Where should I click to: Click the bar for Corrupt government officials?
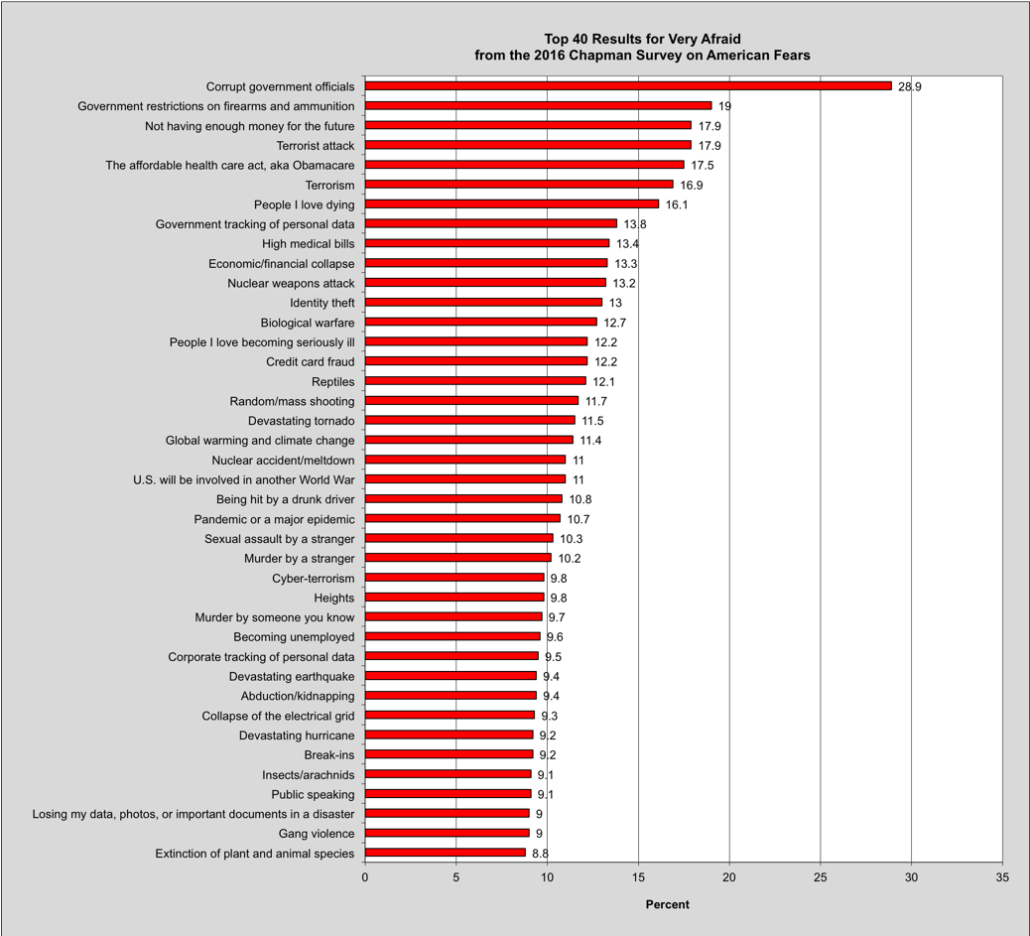(x=628, y=86)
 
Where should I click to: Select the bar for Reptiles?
(x=475, y=381)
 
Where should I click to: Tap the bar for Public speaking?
(x=448, y=794)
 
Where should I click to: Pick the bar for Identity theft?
(x=483, y=303)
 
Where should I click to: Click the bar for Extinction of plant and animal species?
(x=445, y=853)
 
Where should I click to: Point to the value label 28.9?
(x=911, y=86)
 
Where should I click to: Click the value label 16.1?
(x=677, y=204)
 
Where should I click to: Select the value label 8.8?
(x=541, y=853)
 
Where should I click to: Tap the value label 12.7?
(x=616, y=323)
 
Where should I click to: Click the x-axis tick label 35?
(x=1002, y=877)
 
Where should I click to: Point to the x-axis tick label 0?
(x=365, y=877)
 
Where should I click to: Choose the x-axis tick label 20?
(x=729, y=877)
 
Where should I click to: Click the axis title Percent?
(x=667, y=904)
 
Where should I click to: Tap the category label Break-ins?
(x=329, y=754)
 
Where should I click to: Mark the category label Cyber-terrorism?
(x=314, y=578)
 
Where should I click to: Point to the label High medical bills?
(x=309, y=243)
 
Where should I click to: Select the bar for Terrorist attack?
(x=528, y=146)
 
